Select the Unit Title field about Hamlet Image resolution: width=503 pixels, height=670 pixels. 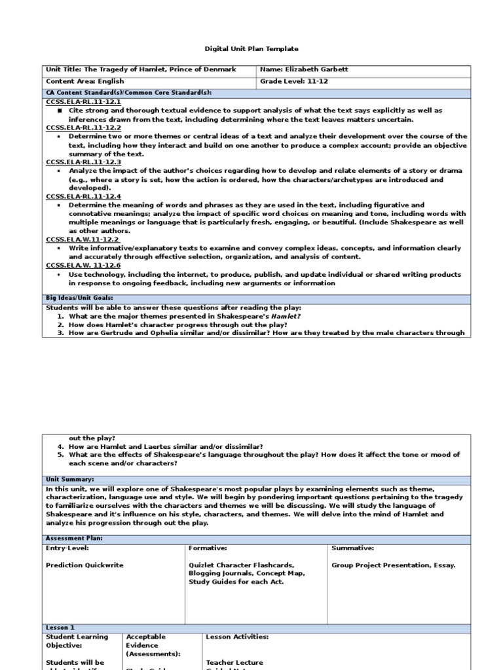point(141,70)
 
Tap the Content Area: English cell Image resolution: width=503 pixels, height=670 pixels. point(75,82)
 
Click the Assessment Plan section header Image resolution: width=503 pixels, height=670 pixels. point(74,538)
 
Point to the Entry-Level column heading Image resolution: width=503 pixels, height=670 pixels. point(67,548)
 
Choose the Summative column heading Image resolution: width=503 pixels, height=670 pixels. point(353,548)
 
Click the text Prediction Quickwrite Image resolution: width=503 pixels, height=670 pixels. point(84,565)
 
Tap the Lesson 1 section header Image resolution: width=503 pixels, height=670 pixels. point(60,627)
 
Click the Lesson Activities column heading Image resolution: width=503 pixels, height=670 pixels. point(237,637)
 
